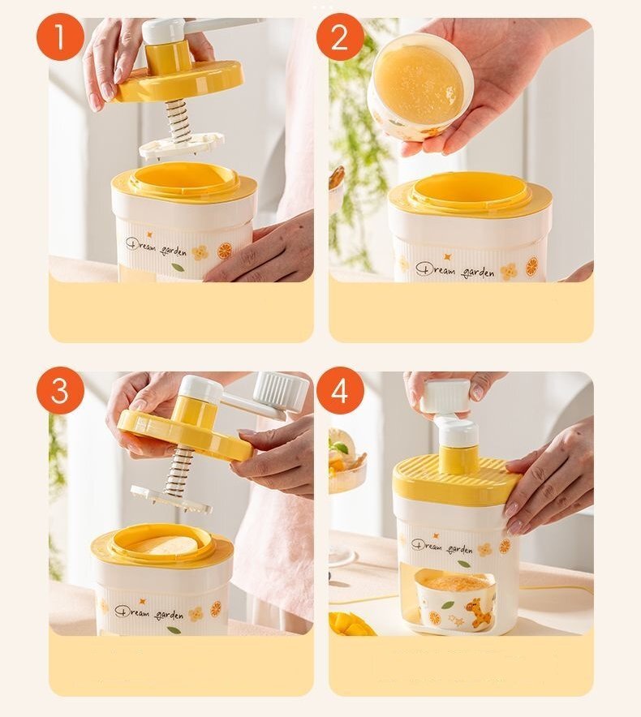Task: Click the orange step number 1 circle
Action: (60, 37)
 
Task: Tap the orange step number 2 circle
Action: (340, 37)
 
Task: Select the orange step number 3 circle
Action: (60, 390)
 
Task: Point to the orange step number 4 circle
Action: (340, 390)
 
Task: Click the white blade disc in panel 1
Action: (182, 145)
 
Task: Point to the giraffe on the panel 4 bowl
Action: (479, 612)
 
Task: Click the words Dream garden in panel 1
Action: (157, 247)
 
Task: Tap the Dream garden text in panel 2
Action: (455, 269)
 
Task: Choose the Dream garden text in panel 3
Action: (148, 612)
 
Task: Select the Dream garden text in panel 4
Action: (442, 547)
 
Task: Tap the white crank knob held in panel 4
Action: (445, 396)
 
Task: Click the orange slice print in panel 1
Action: (225, 250)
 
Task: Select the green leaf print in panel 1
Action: (179, 267)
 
